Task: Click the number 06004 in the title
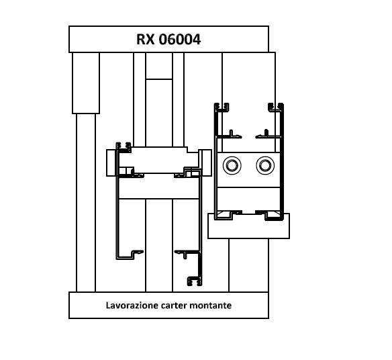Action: tap(180, 40)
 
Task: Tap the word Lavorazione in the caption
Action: tap(132, 305)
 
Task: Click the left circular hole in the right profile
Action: tap(232, 165)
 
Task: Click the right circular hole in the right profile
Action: tap(265, 165)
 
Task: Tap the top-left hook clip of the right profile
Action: tap(222, 107)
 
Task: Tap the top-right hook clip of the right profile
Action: tap(275, 107)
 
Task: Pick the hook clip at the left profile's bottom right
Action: tap(195, 281)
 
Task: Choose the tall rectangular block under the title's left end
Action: tap(86, 83)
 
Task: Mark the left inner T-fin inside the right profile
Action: tap(230, 134)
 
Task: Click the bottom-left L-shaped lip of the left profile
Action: tap(130, 256)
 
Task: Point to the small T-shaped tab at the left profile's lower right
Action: tap(185, 253)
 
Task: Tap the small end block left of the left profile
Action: tap(111, 163)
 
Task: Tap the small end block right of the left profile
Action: tap(207, 163)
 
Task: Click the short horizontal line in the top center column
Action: tap(159, 79)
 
